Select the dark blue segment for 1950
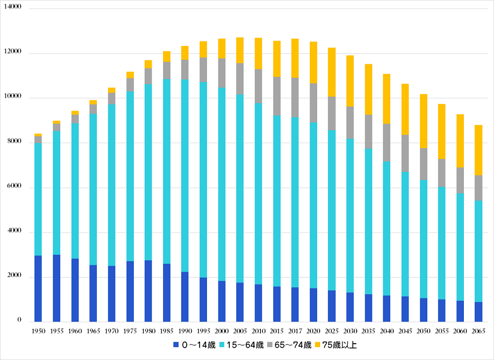pyautogui.click(x=38, y=288)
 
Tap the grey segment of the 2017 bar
pyautogui.click(x=295, y=97)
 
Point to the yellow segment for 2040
pyautogui.click(x=387, y=99)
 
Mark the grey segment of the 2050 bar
pyautogui.click(x=423, y=164)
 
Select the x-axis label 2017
pyautogui.click(x=295, y=330)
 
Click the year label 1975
pyautogui.click(x=130, y=330)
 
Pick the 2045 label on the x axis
pyautogui.click(x=405, y=330)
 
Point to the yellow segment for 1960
pyautogui.click(x=75, y=113)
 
